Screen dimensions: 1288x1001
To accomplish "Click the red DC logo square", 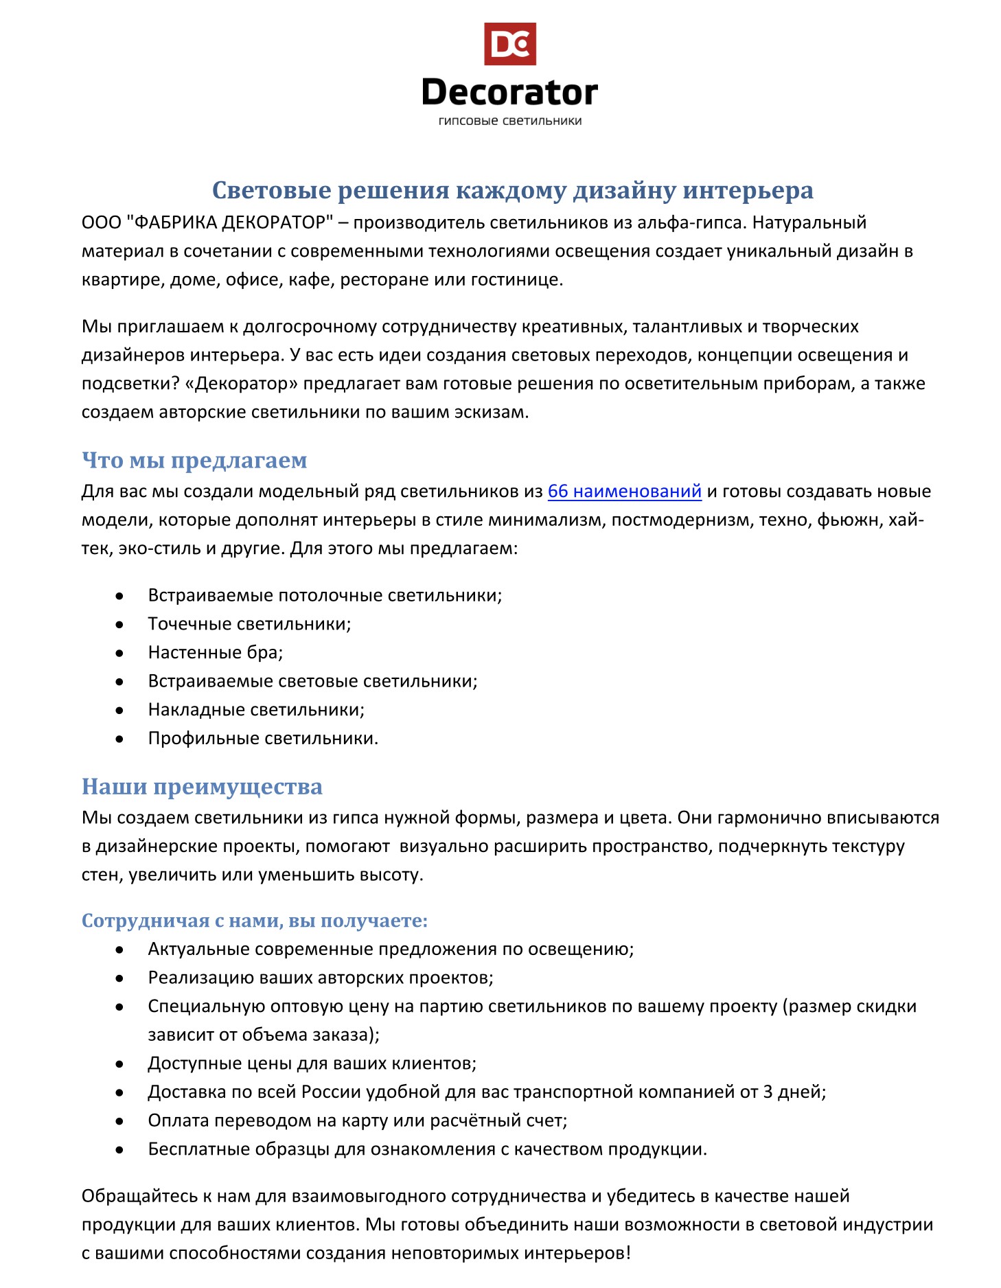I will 509,44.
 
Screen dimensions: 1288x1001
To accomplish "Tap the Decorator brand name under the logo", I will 509,93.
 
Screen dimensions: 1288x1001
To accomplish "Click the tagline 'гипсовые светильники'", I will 509,122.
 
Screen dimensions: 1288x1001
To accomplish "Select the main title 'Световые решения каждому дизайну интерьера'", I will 512,190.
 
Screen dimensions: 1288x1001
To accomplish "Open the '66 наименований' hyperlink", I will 624,492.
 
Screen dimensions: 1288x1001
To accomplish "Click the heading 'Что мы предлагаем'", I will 194,460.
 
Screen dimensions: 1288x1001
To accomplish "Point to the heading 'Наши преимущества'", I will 202,786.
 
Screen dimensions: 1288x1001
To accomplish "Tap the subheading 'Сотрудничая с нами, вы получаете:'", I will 255,920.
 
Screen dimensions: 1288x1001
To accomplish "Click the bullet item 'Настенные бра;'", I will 216,652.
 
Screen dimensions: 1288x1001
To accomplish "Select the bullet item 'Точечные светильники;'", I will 249,624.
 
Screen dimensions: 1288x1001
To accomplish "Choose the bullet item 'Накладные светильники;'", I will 256,709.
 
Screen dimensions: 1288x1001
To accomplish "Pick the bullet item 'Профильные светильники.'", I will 263,738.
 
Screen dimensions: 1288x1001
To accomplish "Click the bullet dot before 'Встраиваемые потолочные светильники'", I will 119,596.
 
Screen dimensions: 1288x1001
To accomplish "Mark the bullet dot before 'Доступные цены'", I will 119,1064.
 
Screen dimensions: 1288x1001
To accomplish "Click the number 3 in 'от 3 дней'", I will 767,1092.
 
